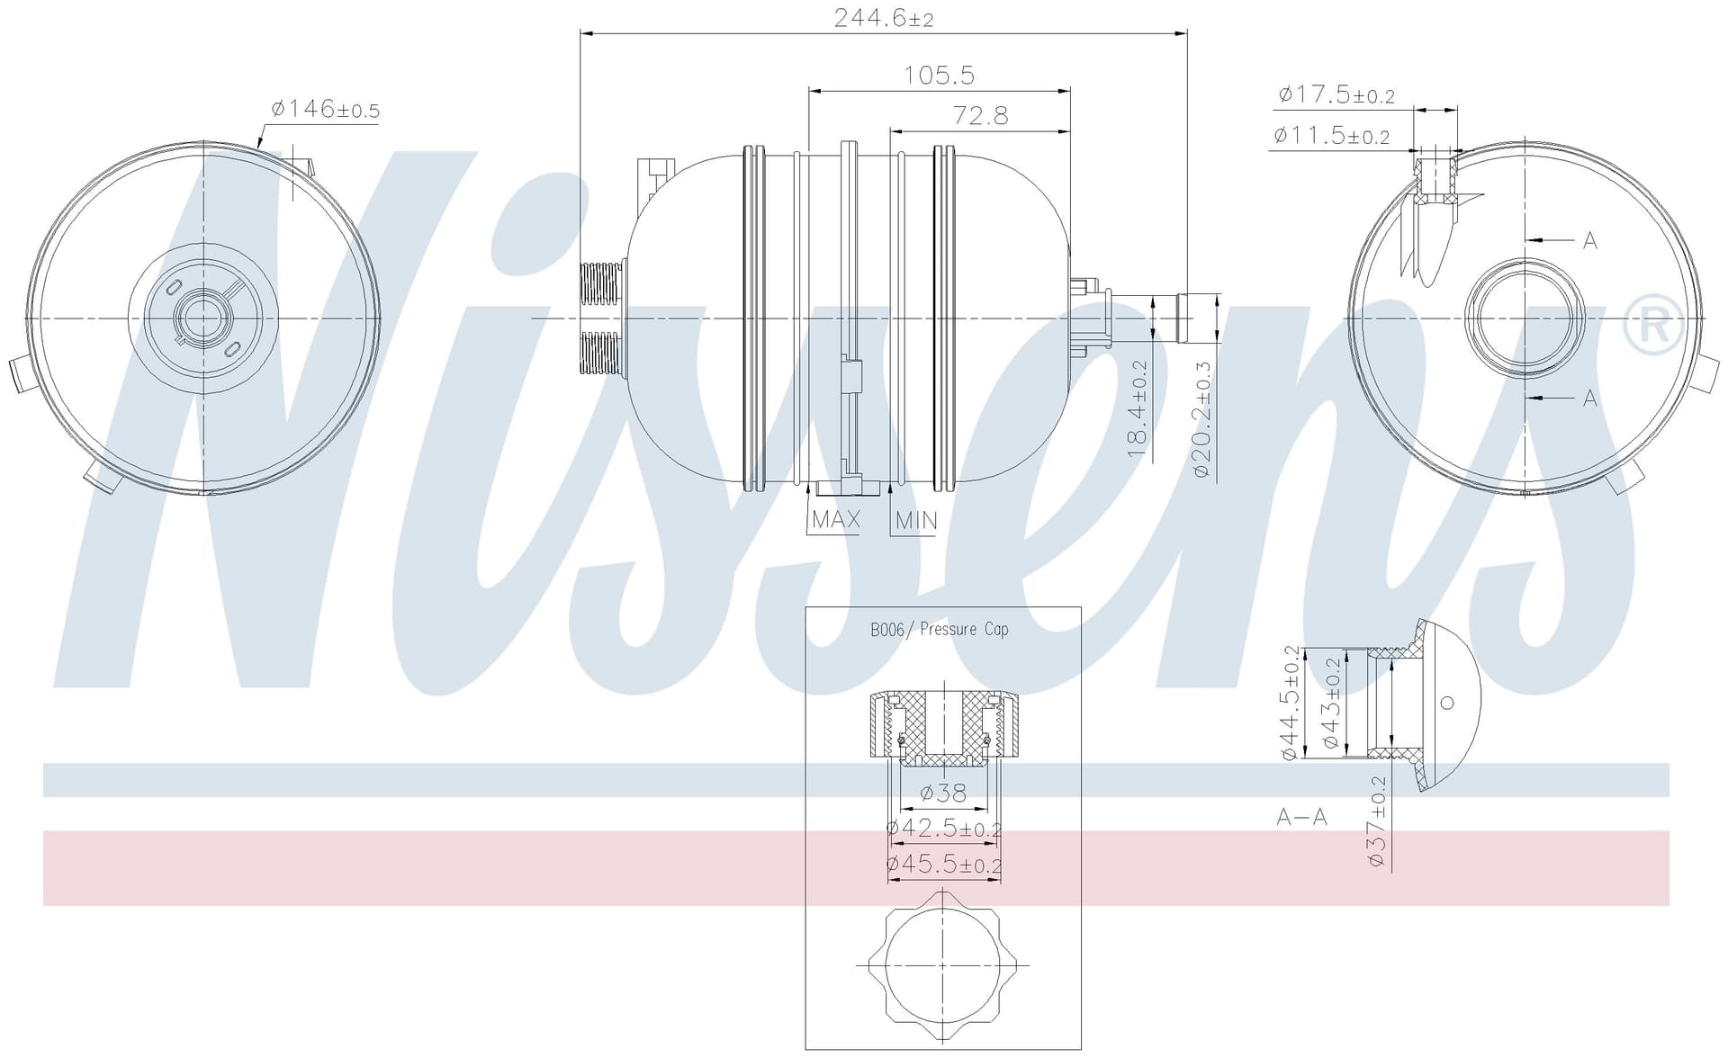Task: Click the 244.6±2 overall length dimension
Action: pyautogui.click(x=884, y=18)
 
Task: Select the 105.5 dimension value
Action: pyautogui.click(x=940, y=75)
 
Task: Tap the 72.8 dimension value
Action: pyautogui.click(x=980, y=116)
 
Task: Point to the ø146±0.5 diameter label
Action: pyautogui.click(x=325, y=110)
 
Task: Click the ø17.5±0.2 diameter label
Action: pyautogui.click(x=1336, y=94)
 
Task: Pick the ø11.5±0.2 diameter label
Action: pyautogui.click(x=1332, y=136)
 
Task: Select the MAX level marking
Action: pyautogui.click(x=836, y=519)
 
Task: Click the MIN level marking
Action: pyautogui.click(x=916, y=520)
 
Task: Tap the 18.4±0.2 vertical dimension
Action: pyautogui.click(x=1138, y=408)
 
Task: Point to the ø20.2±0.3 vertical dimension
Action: pyautogui.click(x=1203, y=418)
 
